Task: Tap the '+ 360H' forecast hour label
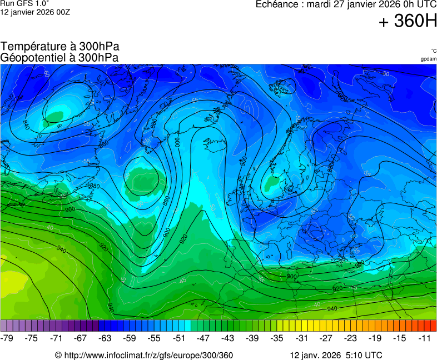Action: click(x=408, y=22)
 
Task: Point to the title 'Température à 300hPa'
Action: click(x=60, y=47)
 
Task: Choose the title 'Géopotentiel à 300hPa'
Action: click(x=59, y=57)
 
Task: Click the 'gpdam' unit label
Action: click(x=428, y=58)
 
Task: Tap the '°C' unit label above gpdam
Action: click(x=433, y=51)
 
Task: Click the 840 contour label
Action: click(x=26, y=123)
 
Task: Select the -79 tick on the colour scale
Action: click(x=7, y=338)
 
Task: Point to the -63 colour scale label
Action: click(x=105, y=338)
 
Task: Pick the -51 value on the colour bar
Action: click(x=179, y=338)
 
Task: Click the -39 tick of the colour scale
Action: click(x=253, y=338)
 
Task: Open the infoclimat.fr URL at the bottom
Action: click(x=144, y=355)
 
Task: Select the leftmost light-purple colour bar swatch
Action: click(x=4, y=326)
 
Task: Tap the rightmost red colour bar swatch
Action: click(x=434, y=326)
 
